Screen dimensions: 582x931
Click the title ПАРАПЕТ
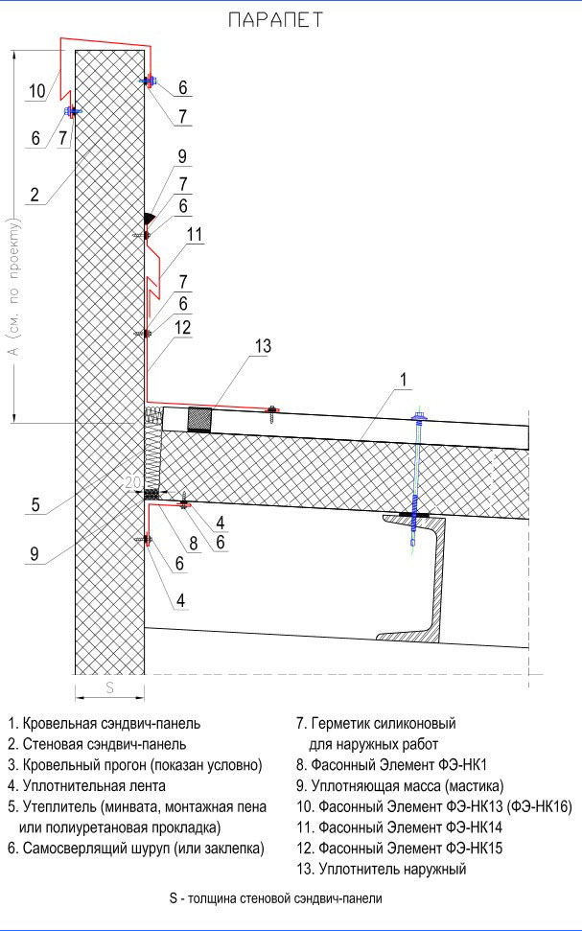click(275, 19)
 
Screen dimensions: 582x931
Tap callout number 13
click(263, 345)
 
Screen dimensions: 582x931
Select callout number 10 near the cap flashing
click(36, 91)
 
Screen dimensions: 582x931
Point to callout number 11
click(195, 235)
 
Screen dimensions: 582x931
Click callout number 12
click(183, 327)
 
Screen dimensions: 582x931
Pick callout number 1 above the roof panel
click(404, 380)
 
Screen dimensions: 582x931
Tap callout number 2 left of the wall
click(35, 194)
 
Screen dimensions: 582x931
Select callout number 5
click(35, 504)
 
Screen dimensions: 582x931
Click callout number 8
click(193, 542)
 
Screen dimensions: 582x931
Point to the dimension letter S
click(109, 687)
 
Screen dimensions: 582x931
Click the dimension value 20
click(132, 482)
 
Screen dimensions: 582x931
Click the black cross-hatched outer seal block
click(199, 419)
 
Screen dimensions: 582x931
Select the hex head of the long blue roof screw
click(419, 417)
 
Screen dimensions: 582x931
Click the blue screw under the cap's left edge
click(73, 110)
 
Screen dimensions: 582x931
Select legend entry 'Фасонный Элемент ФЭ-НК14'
click(399, 827)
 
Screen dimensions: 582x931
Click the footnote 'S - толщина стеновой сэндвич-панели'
click(275, 898)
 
